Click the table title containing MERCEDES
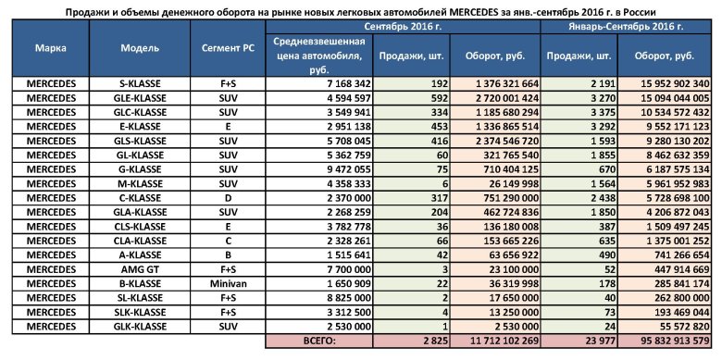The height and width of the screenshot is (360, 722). pyautogui.click(x=361, y=10)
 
